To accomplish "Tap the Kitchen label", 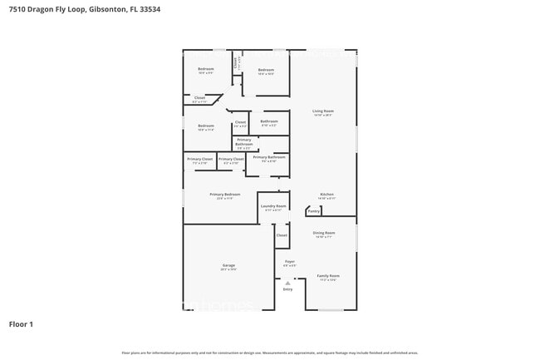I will coord(326,195).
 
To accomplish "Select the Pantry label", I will coord(314,211).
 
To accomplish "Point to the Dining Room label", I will coord(324,233).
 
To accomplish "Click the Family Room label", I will coord(328,275).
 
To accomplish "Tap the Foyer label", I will coord(290,261).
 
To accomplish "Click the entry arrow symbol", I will coord(287,283).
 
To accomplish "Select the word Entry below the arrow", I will coord(287,289).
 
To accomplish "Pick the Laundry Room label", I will coord(273,206).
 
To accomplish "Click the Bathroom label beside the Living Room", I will coord(269,121).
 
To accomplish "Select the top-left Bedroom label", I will coord(205,69).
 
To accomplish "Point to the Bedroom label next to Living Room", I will coord(266,70).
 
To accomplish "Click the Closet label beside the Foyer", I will coord(282,235).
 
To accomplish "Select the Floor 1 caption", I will coord(21,323).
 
